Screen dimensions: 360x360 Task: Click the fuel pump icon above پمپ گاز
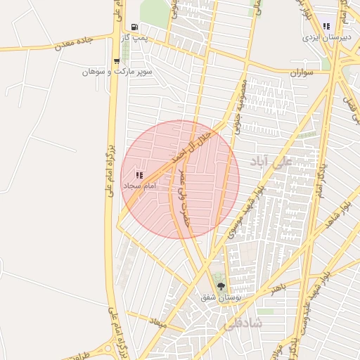(x=134, y=27)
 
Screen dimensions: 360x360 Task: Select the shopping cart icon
(x=117, y=61)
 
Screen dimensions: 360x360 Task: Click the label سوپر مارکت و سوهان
(x=108, y=72)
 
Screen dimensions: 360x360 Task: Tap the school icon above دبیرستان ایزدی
(x=326, y=26)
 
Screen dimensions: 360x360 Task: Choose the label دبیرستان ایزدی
(x=326, y=36)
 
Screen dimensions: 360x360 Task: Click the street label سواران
(x=301, y=72)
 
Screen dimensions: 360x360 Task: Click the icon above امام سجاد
(x=139, y=174)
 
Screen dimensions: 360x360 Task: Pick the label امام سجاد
(x=139, y=186)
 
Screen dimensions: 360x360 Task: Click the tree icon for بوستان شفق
(x=221, y=286)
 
